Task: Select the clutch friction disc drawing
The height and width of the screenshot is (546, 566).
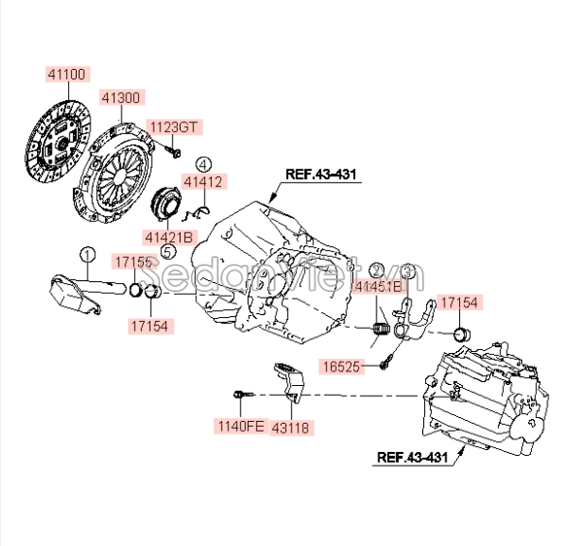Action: pos(56,143)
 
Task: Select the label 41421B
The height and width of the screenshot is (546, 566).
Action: pos(170,237)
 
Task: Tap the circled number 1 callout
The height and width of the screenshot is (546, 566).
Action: pos(87,255)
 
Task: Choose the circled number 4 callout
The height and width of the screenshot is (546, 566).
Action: pos(203,164)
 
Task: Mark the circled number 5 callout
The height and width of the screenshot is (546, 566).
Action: pos(167,251)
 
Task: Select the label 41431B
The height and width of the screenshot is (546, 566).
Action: pos(377,286)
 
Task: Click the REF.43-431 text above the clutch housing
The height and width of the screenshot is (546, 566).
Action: pos(321,175)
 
